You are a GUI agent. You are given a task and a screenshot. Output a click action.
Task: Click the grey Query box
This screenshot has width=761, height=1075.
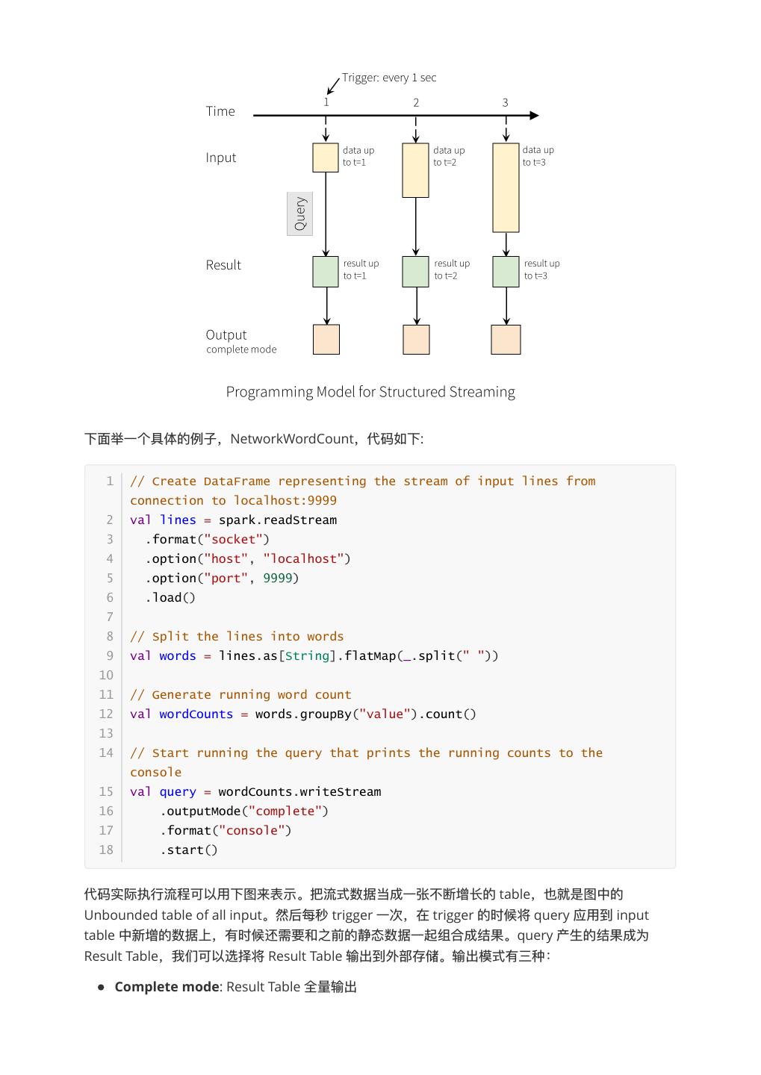[x=299, y=214]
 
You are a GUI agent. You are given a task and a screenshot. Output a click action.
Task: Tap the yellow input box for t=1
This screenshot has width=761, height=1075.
[x=326, y=158]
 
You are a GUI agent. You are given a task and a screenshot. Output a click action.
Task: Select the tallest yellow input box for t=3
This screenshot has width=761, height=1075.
[x=506, y=187]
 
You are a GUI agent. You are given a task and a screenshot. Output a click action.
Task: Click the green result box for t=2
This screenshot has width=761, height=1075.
[x=415, y=272]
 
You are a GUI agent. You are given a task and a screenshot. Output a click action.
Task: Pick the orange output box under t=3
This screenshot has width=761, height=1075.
[x=506, y=340]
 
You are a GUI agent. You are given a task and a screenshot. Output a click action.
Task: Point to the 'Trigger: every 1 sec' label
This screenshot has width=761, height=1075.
[x=389, y=78]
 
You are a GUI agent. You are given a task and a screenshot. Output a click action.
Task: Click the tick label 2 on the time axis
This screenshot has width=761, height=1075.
[x=416, y=103]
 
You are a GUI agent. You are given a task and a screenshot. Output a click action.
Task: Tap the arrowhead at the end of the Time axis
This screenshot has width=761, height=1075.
[x=534, y=116]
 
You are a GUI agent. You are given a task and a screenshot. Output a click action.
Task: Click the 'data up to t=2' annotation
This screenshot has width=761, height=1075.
[x=448, y=156]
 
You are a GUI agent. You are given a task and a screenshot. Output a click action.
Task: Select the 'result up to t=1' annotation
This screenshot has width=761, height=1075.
[x=361, y=269]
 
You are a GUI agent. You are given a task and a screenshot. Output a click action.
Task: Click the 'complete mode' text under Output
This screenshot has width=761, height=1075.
[x=241, y=349]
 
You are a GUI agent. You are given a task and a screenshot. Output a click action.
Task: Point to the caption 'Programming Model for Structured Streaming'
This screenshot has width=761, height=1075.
[x=370, y=392]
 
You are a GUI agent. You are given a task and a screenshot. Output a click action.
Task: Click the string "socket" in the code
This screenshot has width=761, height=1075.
[x=233, y=539]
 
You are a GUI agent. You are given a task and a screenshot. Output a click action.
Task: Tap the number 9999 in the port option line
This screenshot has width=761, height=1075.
[x=277, y=578]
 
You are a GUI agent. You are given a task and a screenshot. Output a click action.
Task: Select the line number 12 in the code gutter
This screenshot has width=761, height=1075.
[x=106, y=714]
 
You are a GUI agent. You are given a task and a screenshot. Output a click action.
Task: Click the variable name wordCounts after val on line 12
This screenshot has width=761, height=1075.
[x=196, y=714]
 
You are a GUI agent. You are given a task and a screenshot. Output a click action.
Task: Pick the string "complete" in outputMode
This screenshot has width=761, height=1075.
[x=285, y=811]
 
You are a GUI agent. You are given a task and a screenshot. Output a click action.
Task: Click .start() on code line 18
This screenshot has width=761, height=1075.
[x=188, y=850]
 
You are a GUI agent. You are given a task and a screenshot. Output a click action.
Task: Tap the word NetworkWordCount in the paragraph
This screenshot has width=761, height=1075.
[x=292, y=439]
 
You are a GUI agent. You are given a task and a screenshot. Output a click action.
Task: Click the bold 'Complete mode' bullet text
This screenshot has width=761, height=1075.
[x=167, y=987]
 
